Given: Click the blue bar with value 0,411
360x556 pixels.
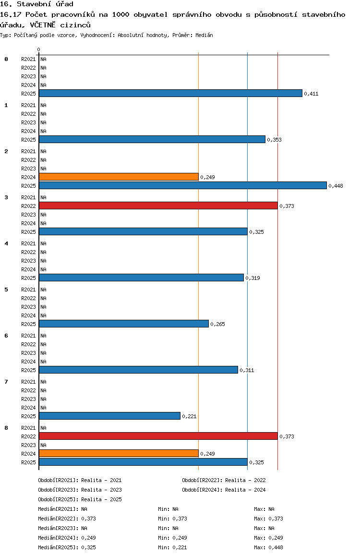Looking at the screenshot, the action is pos(170,93).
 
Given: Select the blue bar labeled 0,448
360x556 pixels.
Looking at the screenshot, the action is pos(183,185).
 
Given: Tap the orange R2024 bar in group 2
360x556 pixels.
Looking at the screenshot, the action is pos(119,177).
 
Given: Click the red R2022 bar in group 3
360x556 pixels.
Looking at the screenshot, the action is pos(158,205).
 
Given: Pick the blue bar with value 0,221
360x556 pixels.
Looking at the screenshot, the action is pos(109,416).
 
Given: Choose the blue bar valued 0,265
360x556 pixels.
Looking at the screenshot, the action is pos(124,324).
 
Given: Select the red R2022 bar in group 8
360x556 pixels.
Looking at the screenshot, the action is pos(158,436).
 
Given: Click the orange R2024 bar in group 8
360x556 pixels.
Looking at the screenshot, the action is pos(119,454).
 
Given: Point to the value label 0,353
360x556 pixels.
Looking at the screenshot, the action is pos(274,140).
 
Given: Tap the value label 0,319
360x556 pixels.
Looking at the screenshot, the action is pos(252,278).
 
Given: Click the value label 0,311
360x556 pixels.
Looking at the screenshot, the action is pos(247,370).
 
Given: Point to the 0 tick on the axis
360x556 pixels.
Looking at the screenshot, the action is pos(38,49).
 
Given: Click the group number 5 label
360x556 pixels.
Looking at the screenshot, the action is pos(6,290).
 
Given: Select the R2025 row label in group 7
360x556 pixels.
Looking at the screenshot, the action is pos(28,416).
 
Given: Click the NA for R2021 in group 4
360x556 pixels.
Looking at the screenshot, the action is pos(43,243).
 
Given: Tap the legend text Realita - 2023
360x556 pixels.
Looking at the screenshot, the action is pos(101,490).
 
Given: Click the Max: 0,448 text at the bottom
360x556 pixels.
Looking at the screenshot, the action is pos(269,547).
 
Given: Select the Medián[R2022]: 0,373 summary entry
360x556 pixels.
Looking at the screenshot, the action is pos(67,519).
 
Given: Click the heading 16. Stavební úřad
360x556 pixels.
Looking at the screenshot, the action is pos(37,4).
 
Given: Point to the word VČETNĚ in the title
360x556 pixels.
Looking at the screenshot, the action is pos(43,25).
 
